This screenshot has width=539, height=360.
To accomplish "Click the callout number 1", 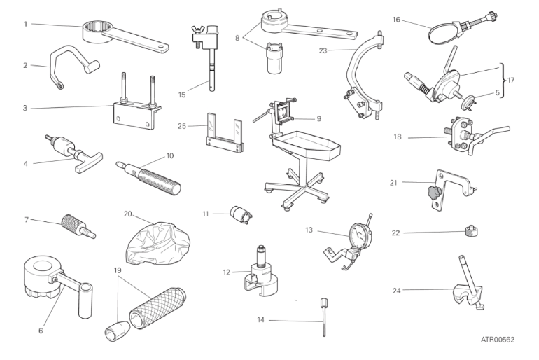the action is tap(25, 24).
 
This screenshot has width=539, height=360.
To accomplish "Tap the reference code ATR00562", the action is tap(498, 340).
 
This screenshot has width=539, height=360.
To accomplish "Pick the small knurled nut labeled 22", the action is tap(472, 230).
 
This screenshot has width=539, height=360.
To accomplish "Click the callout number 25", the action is tap(182, 126).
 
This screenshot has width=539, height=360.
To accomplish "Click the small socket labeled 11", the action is tap(241, 214).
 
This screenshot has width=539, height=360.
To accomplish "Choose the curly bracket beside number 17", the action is tap(503, 81).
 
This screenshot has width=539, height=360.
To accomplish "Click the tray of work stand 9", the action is tap(306, 144).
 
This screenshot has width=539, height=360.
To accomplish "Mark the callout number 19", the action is tap(118, 270).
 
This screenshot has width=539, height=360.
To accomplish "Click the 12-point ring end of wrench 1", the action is tap(97, 32).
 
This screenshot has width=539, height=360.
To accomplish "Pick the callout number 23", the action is tap(323, 50).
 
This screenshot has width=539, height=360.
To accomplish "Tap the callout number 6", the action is tap(41, 331).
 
